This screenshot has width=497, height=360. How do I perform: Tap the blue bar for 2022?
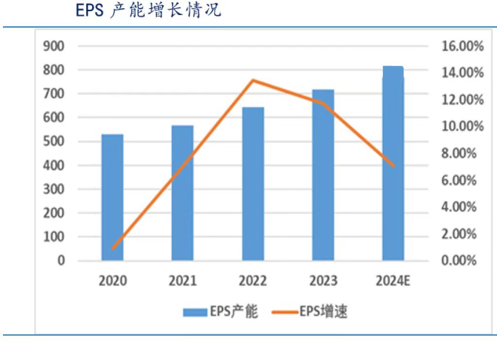253,184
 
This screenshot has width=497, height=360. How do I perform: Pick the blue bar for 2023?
323,175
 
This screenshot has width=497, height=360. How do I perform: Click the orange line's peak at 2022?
253,80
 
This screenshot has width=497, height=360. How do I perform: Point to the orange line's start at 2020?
113,249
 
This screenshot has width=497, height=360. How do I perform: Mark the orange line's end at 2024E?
393,166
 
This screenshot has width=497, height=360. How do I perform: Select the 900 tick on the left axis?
54,47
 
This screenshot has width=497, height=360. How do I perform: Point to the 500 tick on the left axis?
54,142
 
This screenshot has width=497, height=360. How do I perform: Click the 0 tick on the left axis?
61,261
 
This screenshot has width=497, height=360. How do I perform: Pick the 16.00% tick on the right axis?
463,47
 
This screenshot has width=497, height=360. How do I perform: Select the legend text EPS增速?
323,312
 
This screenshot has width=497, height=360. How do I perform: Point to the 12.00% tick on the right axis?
463,100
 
